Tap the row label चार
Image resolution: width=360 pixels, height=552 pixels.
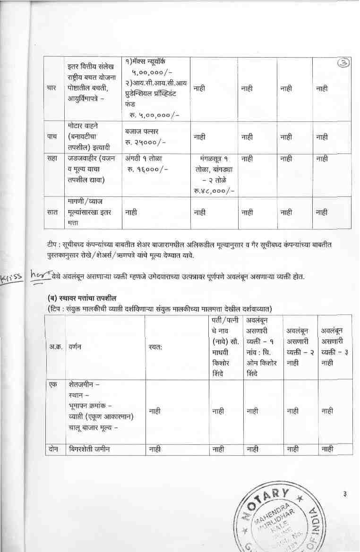[52, 88]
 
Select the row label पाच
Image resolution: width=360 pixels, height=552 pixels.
[52, 136]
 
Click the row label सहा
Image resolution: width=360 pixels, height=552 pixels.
[52, 159]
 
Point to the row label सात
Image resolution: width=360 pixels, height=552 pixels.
[52, 212]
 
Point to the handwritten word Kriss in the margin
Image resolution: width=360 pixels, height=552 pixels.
[11, 277]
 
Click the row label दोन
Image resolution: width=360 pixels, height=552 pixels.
[53, 449]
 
